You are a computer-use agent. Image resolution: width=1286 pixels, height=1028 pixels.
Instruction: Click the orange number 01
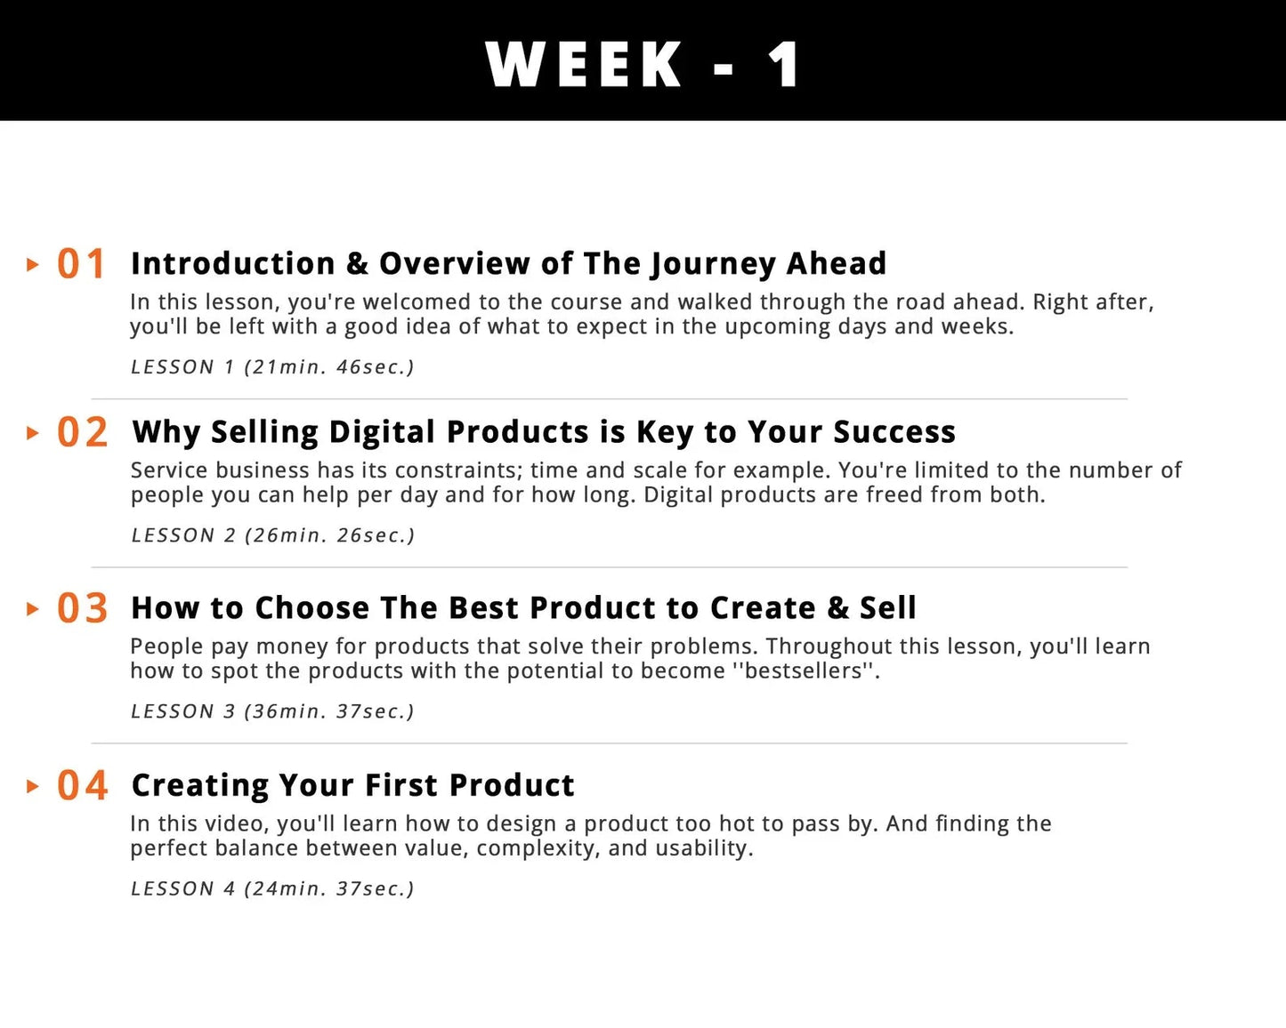click(81, 264)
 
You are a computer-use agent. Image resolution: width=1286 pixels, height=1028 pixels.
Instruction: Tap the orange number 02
click(83, 432)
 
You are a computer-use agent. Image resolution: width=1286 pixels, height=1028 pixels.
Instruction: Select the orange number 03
click(83, 608)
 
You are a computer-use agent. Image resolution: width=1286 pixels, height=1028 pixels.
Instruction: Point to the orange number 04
click(83, 785)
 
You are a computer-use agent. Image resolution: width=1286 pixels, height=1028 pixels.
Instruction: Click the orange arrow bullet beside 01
click(33, 265)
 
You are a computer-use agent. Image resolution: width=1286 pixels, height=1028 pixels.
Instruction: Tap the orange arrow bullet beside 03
click(33, 609)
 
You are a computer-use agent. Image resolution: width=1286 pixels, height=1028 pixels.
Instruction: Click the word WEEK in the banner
click(584, 64)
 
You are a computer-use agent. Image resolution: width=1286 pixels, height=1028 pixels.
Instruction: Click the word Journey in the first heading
click(712, 265)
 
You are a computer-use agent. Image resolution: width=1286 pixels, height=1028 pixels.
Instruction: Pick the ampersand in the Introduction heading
click(357, 263)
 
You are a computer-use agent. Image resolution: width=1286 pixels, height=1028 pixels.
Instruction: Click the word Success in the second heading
click(894, 432)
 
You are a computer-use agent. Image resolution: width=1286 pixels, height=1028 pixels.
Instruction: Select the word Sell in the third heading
click(888, 608)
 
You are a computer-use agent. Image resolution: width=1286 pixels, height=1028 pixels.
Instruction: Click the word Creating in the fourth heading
click(200, 786)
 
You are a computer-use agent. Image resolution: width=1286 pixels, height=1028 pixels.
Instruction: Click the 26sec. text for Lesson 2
click(376, 535)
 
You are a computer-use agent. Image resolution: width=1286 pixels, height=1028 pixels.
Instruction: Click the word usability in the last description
click(704, 848)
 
